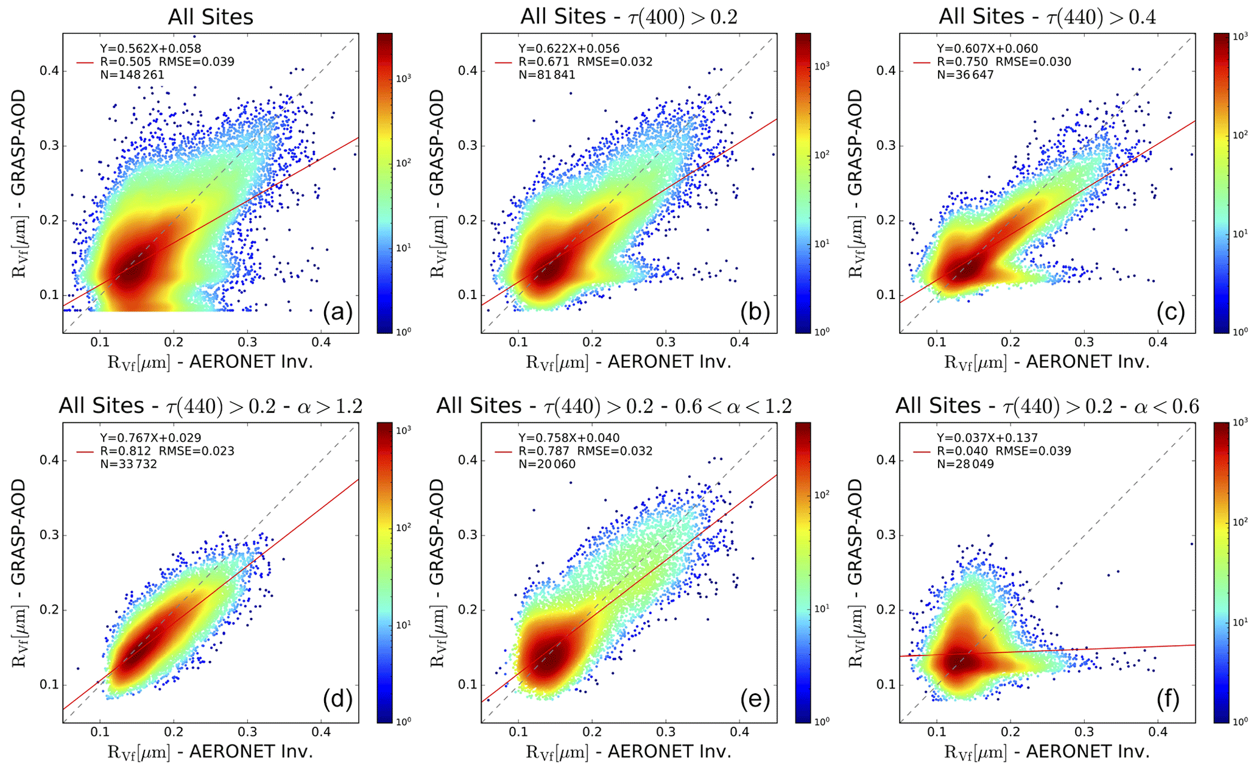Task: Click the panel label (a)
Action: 337,312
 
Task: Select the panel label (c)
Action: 1171,312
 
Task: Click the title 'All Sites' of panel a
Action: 210,17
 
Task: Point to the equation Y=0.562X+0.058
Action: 150,49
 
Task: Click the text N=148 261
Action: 132,75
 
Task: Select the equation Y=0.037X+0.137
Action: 987,438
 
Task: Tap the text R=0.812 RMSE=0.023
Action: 167,451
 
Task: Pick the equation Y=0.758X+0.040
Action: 569,438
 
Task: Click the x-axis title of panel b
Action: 629,362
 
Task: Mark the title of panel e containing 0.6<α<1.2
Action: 614,406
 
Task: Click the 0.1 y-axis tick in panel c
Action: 886,295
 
